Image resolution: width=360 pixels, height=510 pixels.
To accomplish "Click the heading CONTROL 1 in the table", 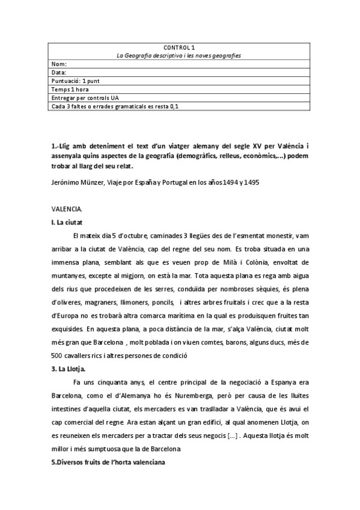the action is (x=178, y=46).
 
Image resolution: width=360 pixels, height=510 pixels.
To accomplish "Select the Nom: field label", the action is (x=59, y=64).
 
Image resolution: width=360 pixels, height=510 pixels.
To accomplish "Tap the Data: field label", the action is (x=59, y=72).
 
